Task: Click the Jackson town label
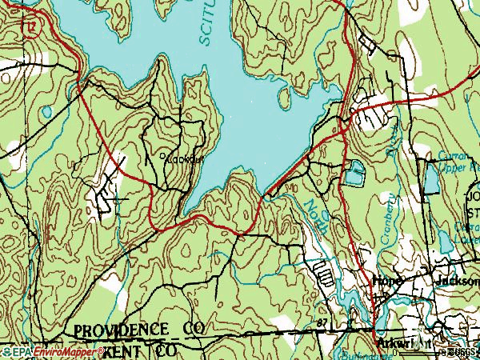[456, 282]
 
